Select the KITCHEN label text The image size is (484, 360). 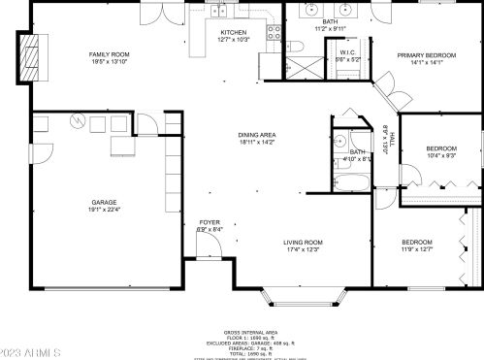(233, 32)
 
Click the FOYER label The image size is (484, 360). (209, 222)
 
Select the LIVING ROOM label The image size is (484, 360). (303, 242)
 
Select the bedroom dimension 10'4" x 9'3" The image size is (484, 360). (441, 154)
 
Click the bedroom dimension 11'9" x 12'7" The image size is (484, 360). (418, 248)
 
